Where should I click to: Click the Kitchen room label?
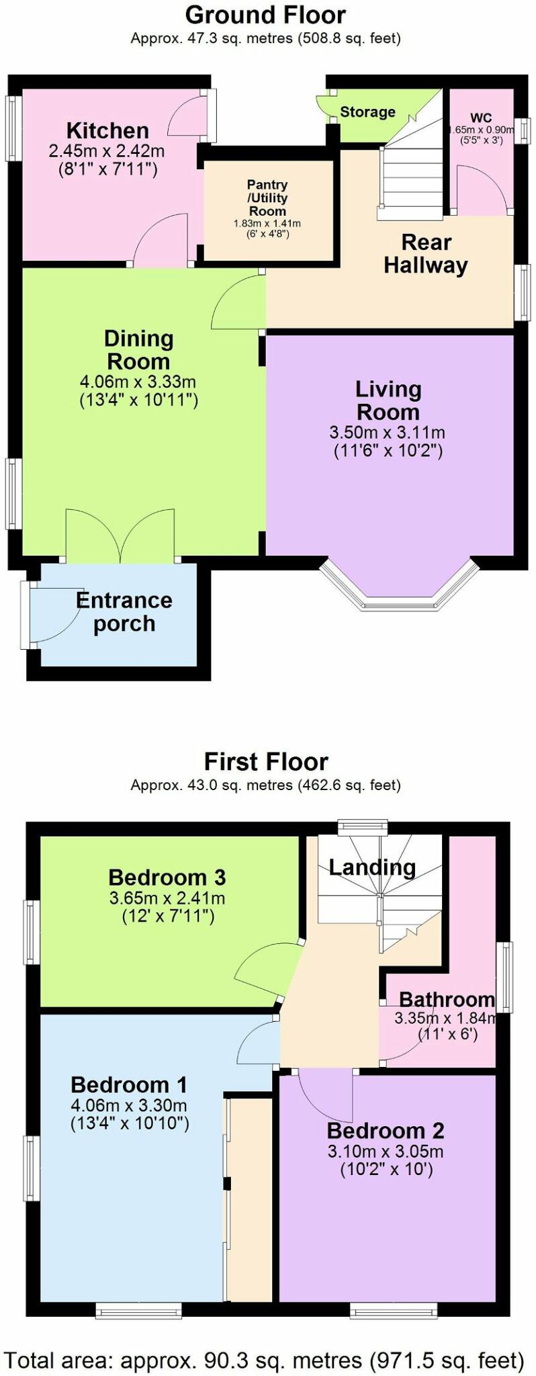[x=107, y=130]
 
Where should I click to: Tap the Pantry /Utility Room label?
[x=267, y=198]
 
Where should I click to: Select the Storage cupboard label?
[x=367, y=112]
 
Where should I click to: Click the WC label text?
[x=481, y=118]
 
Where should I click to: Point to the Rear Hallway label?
[x=426, y=253]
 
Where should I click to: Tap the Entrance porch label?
[x=124, y=611]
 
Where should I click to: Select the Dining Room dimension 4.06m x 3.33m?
[x=138, y=382]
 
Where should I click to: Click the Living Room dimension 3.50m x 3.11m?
[x=388, y=433]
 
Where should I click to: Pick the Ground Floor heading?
[x=266, y=15]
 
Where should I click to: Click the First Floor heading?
[x=266, y=761]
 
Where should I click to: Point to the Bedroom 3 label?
[x=167, y=877]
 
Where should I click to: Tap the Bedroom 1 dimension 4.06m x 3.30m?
[x=129, y=1105]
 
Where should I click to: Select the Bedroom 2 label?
[x=386, y=1131]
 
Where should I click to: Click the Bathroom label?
[x=447, y=999]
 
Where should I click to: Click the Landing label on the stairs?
[x=372, y=867]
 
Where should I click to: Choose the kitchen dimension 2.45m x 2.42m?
[x=107, y=151]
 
